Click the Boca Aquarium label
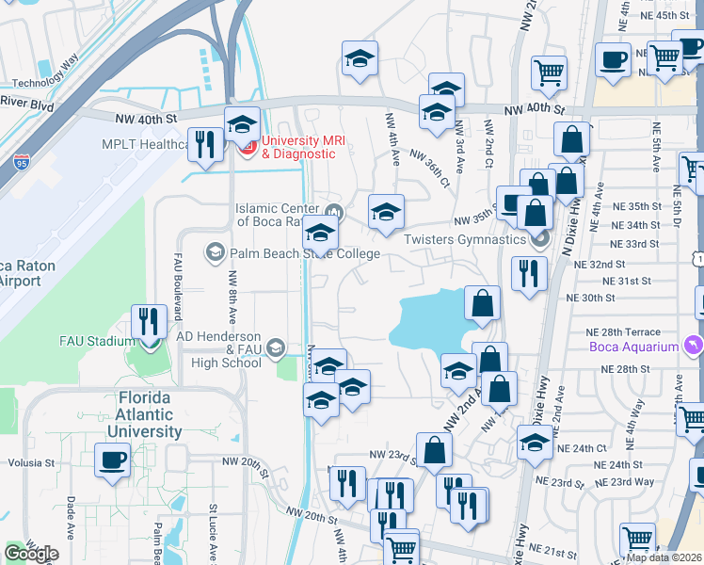635,347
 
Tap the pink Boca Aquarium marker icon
695,346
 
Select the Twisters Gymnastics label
464,239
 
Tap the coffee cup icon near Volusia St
112,460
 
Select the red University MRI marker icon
248,147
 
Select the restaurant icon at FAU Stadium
149,321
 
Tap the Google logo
31,553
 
